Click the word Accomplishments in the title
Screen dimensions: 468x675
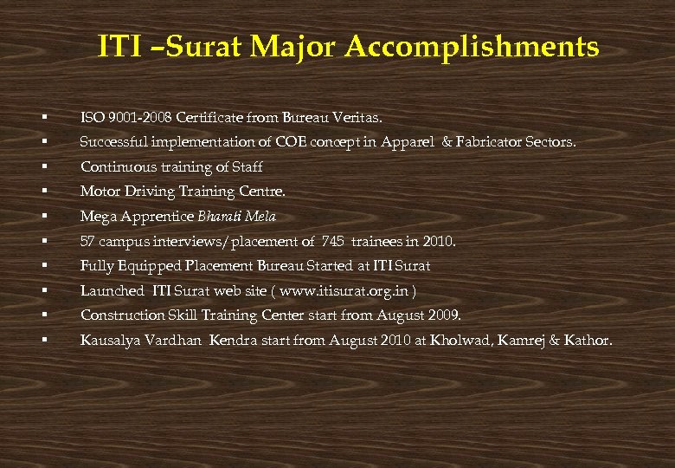click(x=471, y=48)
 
